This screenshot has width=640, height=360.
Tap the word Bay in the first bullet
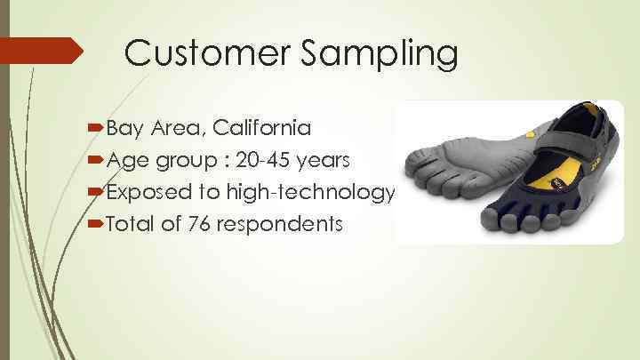coord(128,128)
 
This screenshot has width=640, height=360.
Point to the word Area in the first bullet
coord(176,128)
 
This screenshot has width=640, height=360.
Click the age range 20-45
coord(266,160)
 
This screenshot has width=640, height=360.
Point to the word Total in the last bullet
coord(132,223)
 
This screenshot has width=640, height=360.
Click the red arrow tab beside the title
coord(42,50)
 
